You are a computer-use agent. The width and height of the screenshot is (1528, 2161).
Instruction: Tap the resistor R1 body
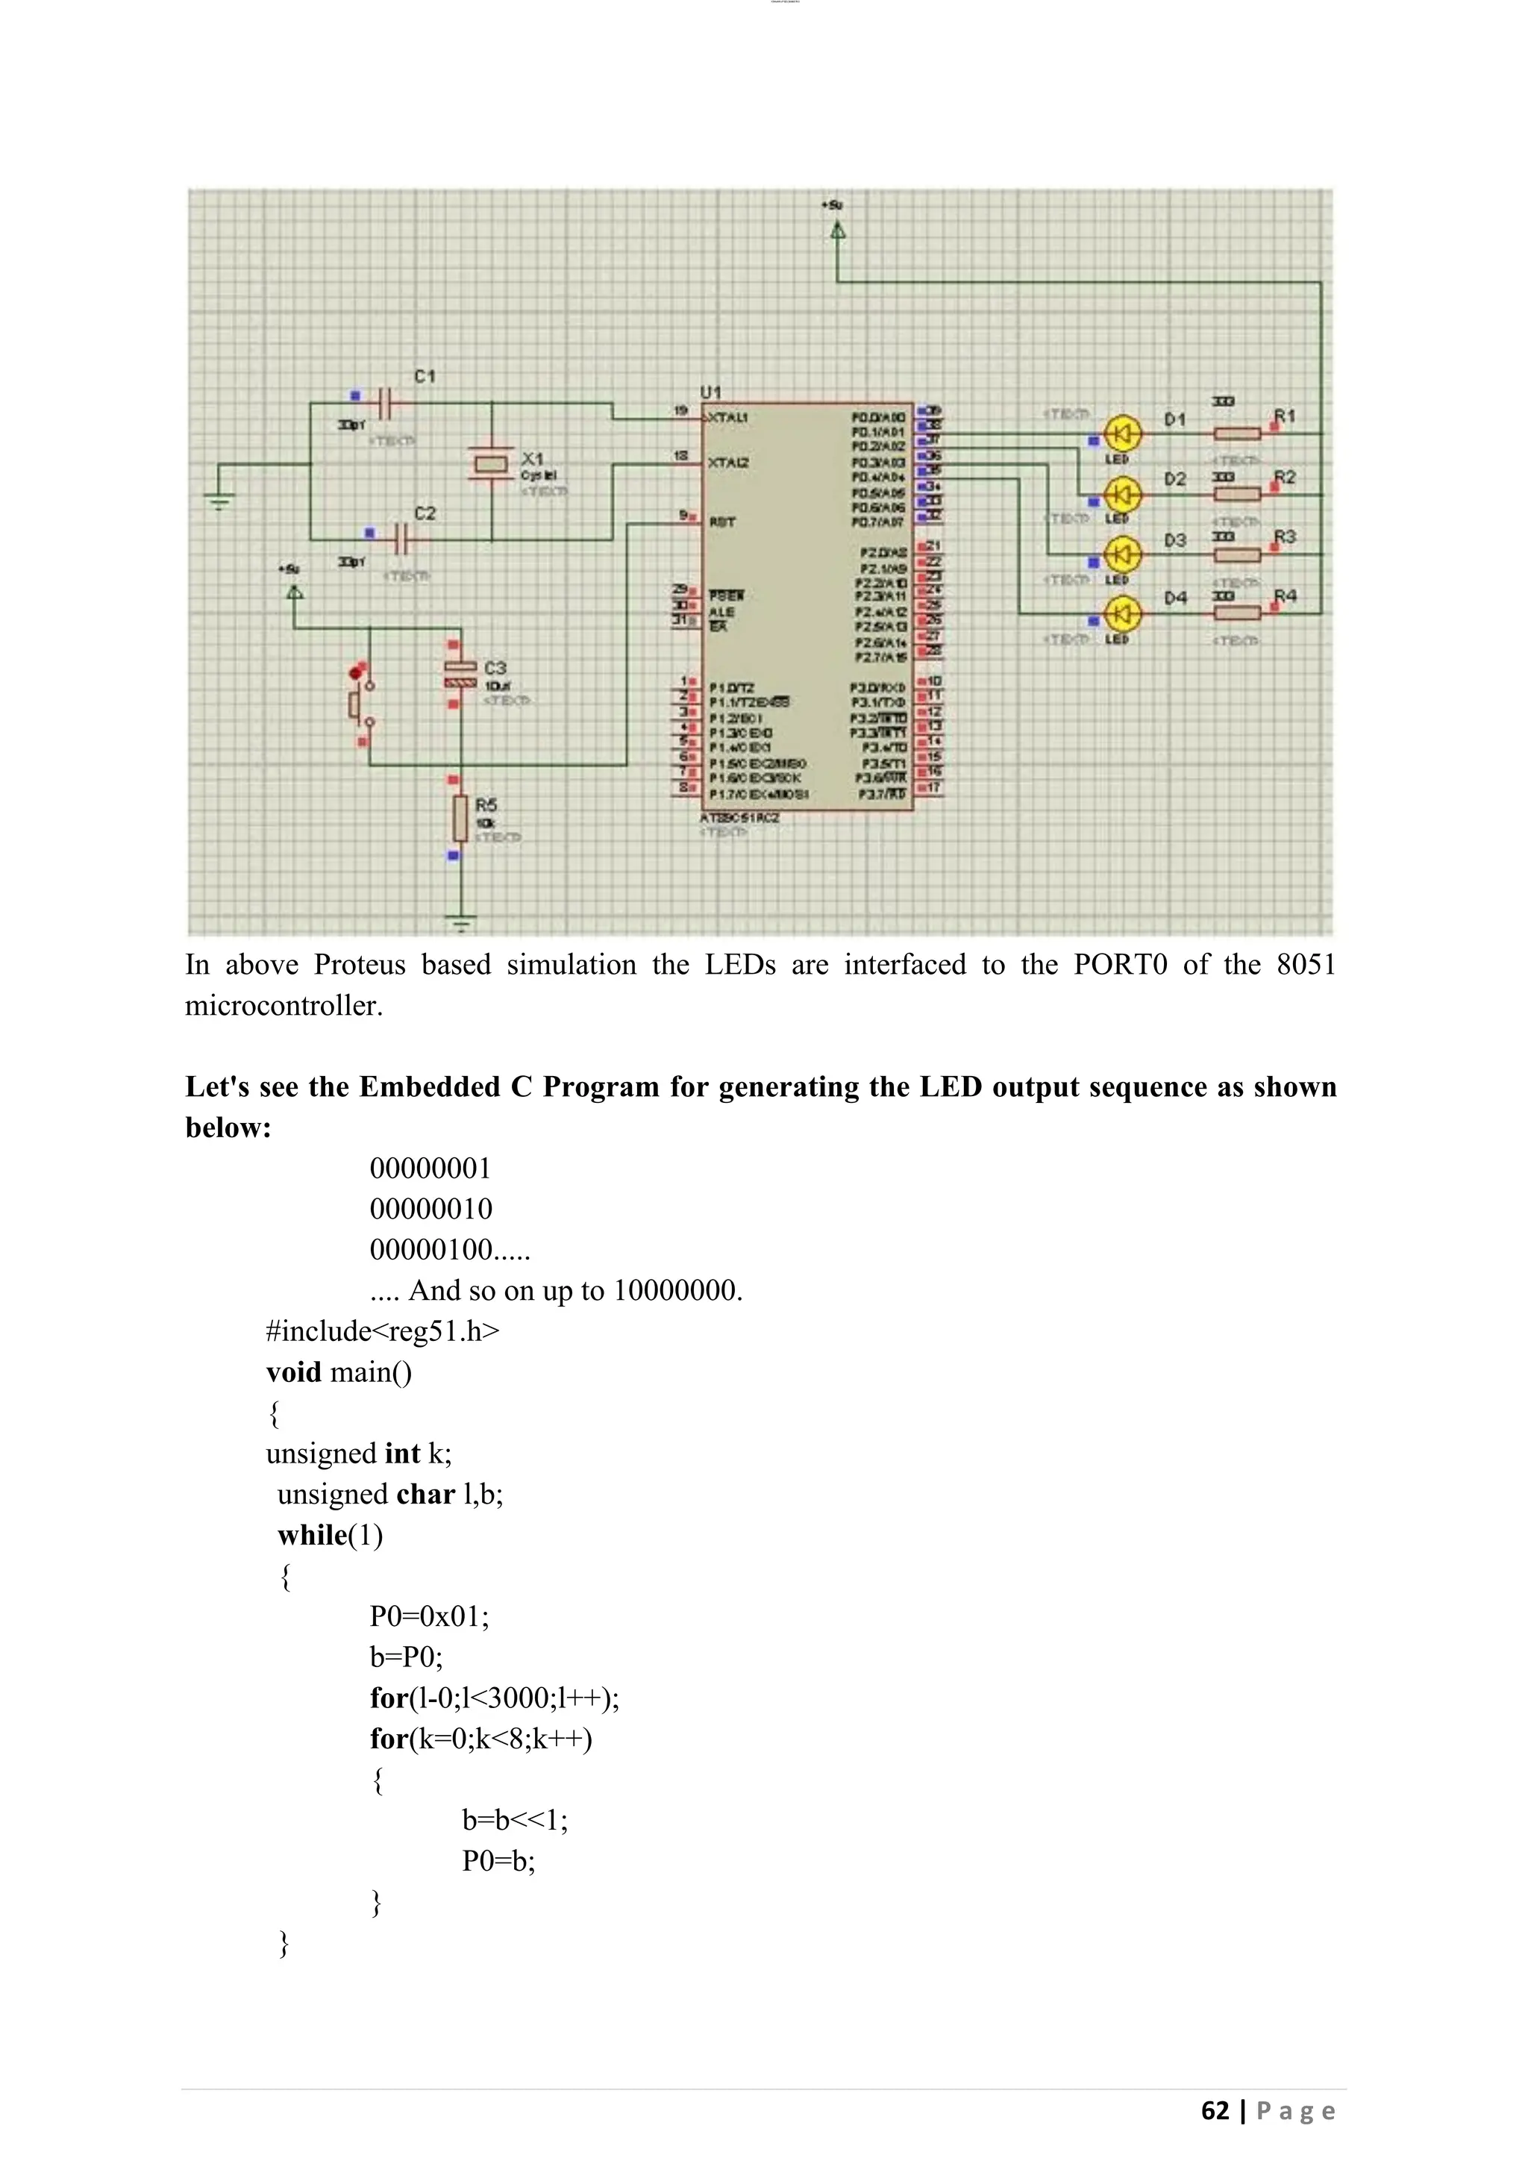[x=1236, y=434]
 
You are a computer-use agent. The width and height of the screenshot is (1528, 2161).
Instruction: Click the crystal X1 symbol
[x=491, y=463]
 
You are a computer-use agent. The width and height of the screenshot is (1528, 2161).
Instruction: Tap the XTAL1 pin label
[x=727, y=417]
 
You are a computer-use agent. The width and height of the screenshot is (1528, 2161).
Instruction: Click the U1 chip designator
[x=710, y=392]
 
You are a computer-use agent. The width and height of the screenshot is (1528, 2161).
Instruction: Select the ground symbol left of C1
[x=220, y=500]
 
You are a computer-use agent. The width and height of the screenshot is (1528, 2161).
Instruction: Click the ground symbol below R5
[x=460, y=925]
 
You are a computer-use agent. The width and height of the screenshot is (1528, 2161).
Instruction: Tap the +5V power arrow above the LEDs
[x=837, y=230]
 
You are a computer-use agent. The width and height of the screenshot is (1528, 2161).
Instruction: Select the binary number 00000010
[x=431, y=1209]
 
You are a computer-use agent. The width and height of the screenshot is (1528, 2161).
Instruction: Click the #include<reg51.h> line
[x=383, y=1331]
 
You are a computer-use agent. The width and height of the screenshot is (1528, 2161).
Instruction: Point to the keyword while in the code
[x=313, y=1535]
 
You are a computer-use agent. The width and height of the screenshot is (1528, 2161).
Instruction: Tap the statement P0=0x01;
[x=429, y=1616]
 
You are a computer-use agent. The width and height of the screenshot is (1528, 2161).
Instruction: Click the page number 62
[x=1215, y=2110]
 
